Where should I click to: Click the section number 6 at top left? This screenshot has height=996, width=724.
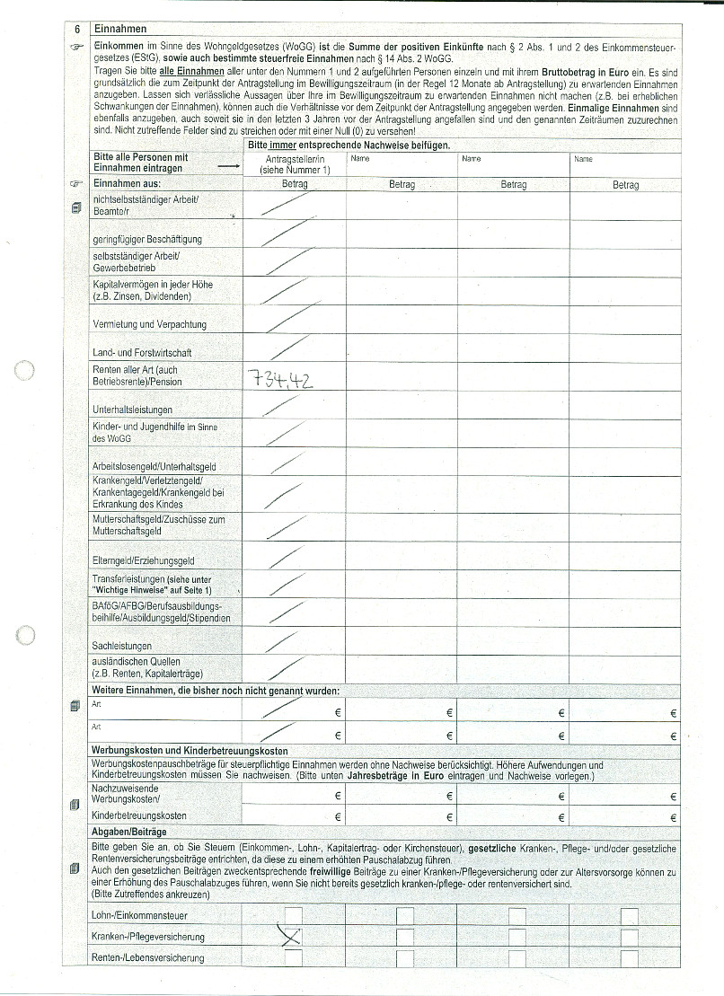[77, 29]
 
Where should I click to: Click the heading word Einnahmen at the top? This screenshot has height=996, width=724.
[119, 29]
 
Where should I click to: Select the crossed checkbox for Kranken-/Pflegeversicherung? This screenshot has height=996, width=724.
[293, 937]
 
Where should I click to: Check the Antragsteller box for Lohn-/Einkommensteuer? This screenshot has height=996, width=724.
[293, 914]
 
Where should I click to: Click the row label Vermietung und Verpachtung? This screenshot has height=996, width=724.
[149, 324]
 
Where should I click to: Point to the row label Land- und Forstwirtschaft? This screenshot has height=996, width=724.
[141, 353]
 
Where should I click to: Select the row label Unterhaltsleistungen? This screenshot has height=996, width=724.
[132, 410]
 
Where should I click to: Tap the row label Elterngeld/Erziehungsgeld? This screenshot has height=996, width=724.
[144, 560]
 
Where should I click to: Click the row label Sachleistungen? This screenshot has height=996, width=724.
[122, 646]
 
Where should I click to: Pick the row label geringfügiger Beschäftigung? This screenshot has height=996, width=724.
[147, 239]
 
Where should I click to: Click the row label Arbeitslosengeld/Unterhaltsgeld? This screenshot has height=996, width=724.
[155, 467]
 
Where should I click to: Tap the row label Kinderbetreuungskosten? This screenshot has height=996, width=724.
[139, 815]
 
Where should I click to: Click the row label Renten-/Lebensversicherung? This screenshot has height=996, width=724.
[147, 958]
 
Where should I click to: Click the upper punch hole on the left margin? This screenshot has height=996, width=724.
[26, 370]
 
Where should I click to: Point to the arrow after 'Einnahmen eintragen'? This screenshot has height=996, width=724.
[228, 167]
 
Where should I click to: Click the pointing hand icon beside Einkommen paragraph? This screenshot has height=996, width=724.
[77, 45]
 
